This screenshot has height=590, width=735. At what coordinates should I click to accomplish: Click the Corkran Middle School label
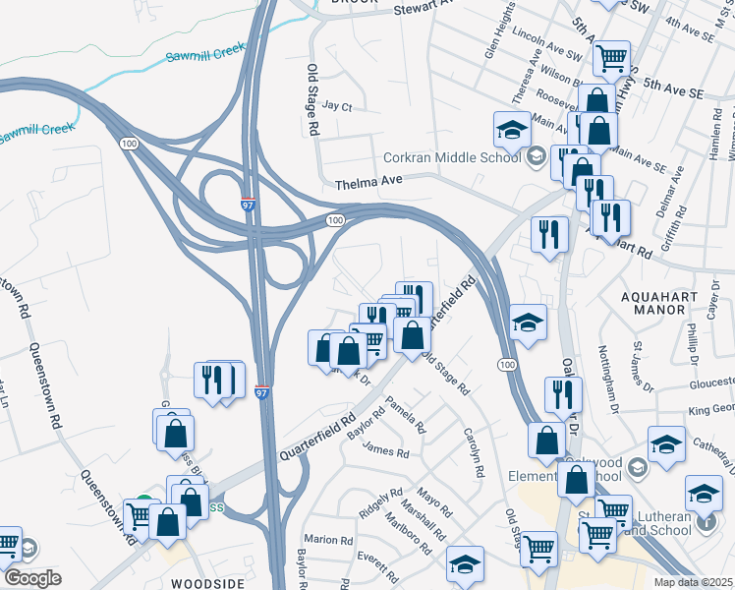pyautogui.click(x=451, y=156)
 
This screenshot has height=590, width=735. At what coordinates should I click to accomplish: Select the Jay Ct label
pyautogui.click(x=336, y=105)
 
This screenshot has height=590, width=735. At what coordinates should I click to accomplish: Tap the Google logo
pyautogui.click(x=32, y=578)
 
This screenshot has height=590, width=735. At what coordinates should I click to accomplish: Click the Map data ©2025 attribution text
pyautogui.click(x=693, y=582)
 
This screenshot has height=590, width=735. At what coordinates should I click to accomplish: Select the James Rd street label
pyautogui.click(x=385, y=452)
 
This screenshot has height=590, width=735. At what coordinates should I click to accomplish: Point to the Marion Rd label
pyautogui.click(x=328, y=540)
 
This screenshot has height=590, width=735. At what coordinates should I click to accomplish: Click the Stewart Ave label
pyautogui.click(x=427, y=9)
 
